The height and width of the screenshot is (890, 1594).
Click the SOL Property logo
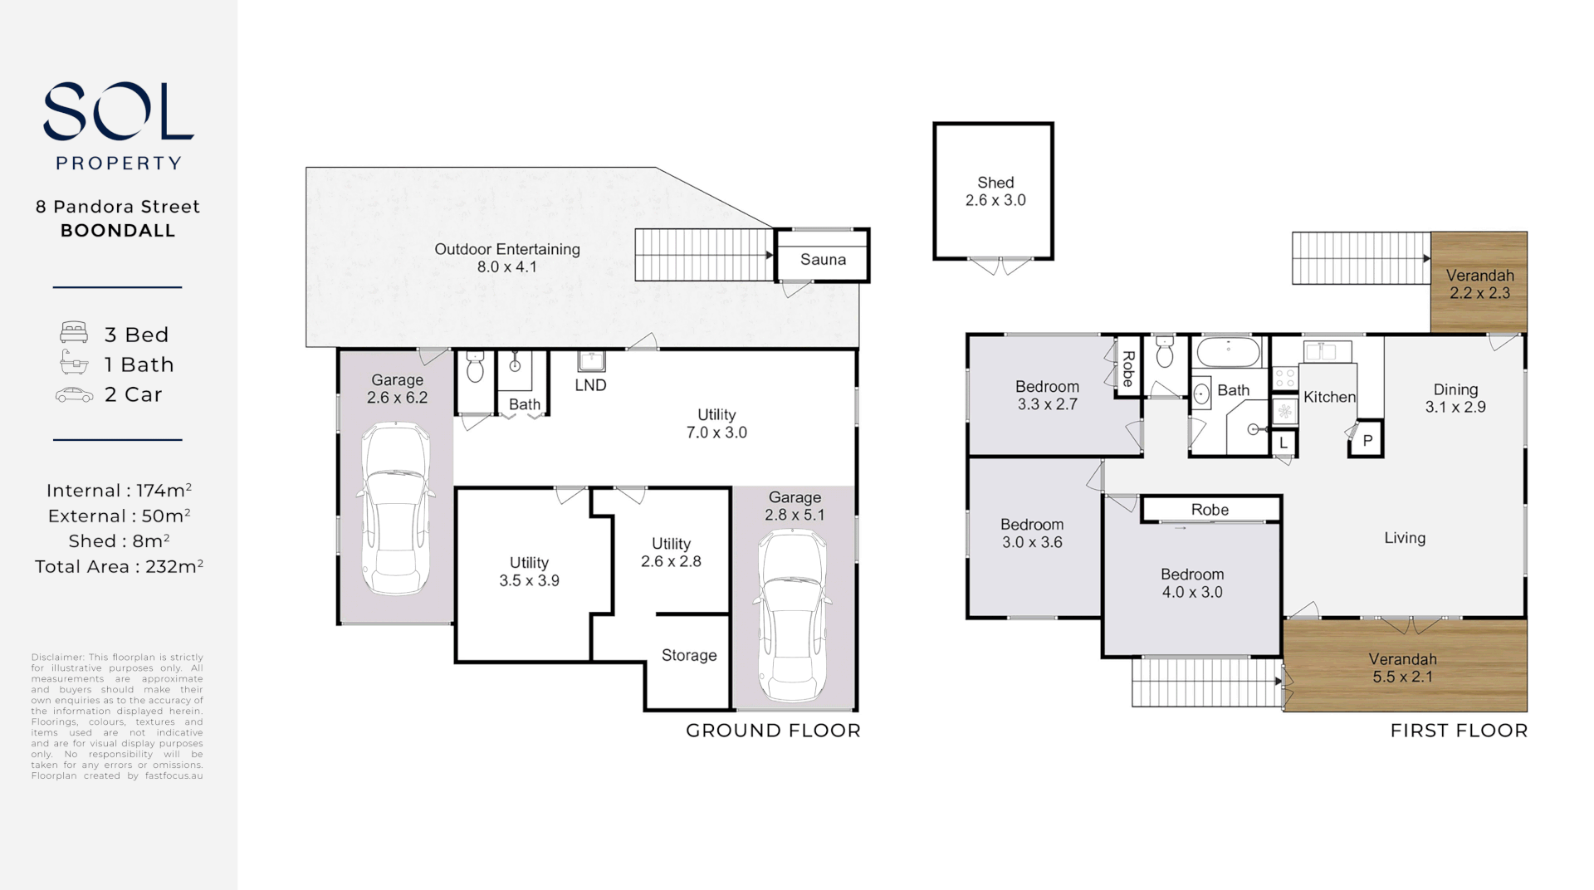(x=118, y=125)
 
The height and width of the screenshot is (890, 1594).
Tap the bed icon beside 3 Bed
(x=74, y=333)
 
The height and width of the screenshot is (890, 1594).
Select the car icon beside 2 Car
(x=74, y=395)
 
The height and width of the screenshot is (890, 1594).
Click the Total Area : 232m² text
(x=119, y=567)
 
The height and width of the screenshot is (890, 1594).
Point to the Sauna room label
(x=823, y=259)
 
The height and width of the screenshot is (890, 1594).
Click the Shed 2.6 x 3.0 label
(x=995, y=191)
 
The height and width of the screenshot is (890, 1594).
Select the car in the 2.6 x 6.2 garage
(x=396, y=508)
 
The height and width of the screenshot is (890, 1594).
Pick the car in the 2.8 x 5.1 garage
(x=793, y=615)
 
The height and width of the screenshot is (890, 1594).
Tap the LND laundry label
(x=590, y=385)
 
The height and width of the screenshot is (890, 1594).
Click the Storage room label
(x=688, y=655)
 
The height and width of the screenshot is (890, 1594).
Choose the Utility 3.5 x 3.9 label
(x=529, y=571)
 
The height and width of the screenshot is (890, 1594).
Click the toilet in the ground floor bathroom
(x=475, y=366)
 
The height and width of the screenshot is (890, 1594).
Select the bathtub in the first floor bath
(x=1229, y=352)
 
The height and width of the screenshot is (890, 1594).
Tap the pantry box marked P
(x=1367, y=441)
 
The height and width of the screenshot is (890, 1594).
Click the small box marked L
(x=1284, y=443)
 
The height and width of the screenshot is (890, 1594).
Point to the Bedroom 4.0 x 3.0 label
(x=1191, y=583)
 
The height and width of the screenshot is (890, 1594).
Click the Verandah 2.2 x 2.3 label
(x=1479, y=284)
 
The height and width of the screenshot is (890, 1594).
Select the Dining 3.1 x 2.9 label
(x=1455, y=398)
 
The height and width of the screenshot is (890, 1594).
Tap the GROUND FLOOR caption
(x=773, y=731)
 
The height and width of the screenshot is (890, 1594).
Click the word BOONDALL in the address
(x=118, y=231)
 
